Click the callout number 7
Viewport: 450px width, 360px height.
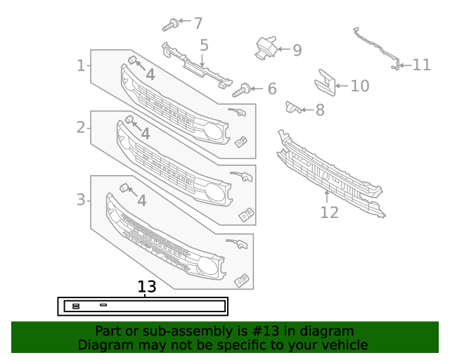coord(198,23)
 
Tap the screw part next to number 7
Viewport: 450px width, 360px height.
coord(169,25)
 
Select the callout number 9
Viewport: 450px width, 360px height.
coord(297,50)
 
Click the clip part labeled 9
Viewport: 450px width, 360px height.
coord(264,46)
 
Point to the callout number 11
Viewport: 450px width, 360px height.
coord(421,65)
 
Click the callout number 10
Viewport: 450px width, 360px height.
coord(359,86)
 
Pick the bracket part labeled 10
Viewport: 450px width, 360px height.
coord(325,82)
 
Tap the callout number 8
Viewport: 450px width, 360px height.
coord(320,110)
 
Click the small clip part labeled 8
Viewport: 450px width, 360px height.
coord(292,107)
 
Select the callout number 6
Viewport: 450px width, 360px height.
coord(271,89)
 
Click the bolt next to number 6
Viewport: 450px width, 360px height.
coord(244,89)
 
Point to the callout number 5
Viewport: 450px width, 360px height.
coord(204,46)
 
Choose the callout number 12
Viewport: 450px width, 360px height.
coord(329,212)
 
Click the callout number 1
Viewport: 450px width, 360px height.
coord(81,65)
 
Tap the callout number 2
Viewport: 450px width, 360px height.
coord(81,127)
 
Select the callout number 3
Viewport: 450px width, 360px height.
coord(81,200)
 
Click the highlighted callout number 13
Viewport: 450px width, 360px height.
coord(146,287)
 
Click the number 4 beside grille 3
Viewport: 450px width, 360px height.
coord(141,200)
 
